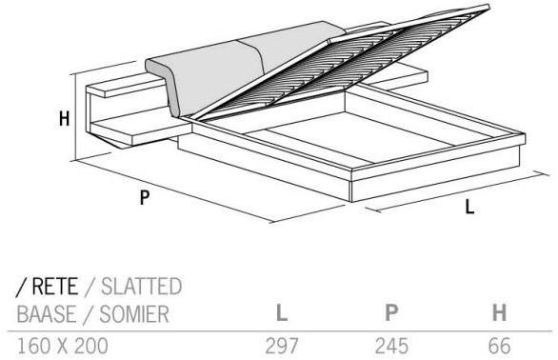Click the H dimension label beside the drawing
(64, 119)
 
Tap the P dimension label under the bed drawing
(144, 197)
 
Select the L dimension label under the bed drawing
(469, 207)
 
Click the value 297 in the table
(282, 346)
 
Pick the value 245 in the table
(391, 346)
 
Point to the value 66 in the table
(500, 346)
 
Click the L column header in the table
(282, 312)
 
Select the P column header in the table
(391, 312)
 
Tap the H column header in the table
(499, 312)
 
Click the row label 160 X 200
(63, 346)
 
